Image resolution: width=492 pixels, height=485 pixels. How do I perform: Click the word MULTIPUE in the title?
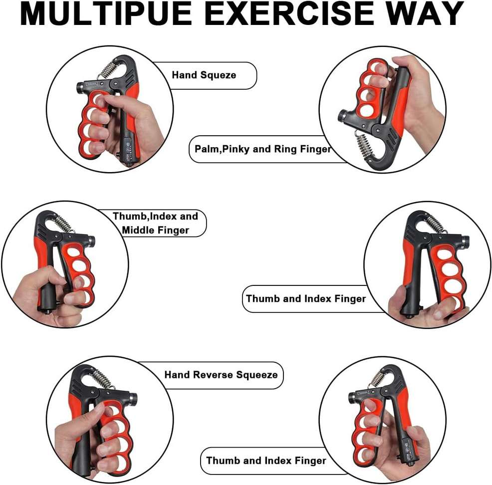pyautogui.click(x=105, y=13)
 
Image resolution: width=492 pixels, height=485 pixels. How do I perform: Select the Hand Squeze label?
pyautogui.click(x=204, y=75)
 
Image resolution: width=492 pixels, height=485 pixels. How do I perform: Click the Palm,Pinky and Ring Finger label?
pyautogui.click(x=262, y=149)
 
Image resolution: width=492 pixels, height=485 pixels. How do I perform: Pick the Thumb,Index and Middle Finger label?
pyautogui.click(x=155, y=223)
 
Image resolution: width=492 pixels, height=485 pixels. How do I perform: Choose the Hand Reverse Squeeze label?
pyautogui.click(x=221, y=375)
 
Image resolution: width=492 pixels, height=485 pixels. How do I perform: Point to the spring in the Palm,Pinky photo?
pyautogui.click(x=363, y=146)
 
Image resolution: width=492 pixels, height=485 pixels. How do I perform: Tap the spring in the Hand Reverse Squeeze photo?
pyautogui.click(x=101, y=379)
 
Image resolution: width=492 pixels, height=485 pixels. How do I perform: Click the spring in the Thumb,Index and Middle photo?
pyautogui.click(x=64, y=224)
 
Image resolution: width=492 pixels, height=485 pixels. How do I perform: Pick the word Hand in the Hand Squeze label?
pyautogui.click(x=184, y=75)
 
